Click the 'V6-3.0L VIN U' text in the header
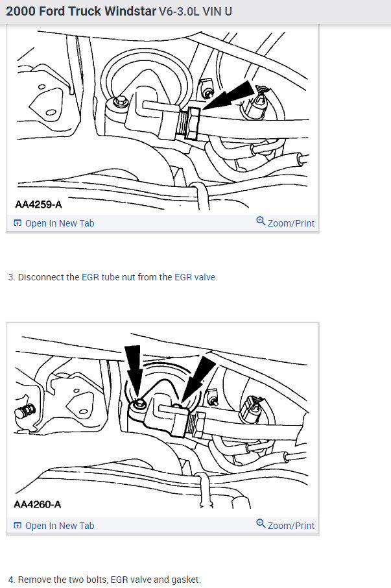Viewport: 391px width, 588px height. pos(195,12)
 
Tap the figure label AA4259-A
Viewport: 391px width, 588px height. pos(38,204)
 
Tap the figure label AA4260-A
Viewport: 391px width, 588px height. pos(38,504)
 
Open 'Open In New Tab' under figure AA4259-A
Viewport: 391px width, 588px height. pos(59,223)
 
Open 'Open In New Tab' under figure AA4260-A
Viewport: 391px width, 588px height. pos(59,526)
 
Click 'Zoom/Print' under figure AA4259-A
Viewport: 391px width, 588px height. pos(290,223)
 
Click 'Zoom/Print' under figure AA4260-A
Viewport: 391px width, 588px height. pos(290,526)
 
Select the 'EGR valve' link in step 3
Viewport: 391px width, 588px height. pos(195,277)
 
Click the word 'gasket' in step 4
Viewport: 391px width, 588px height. pos(185,580)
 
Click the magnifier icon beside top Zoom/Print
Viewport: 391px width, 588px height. pos(261,222)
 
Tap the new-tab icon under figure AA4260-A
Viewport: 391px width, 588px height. pos(18,526)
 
